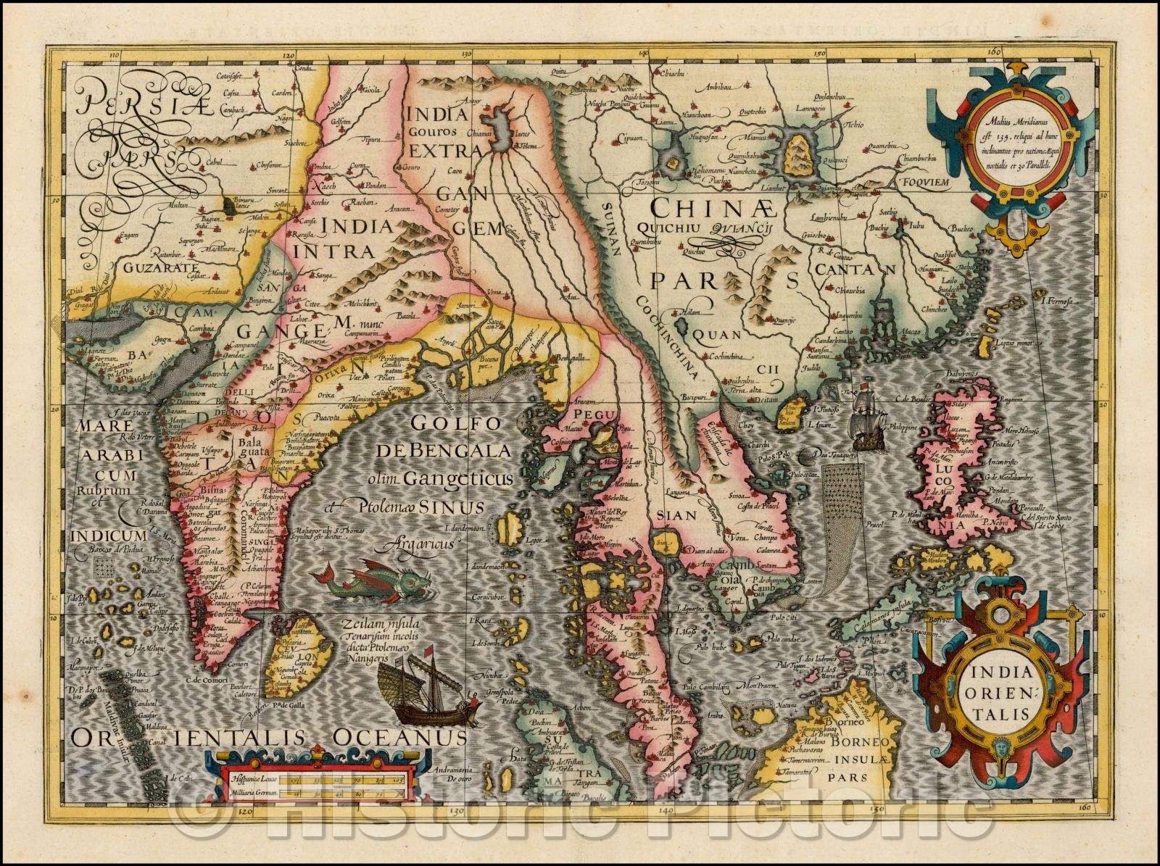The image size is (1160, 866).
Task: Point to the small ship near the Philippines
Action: (x=866, y=417)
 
